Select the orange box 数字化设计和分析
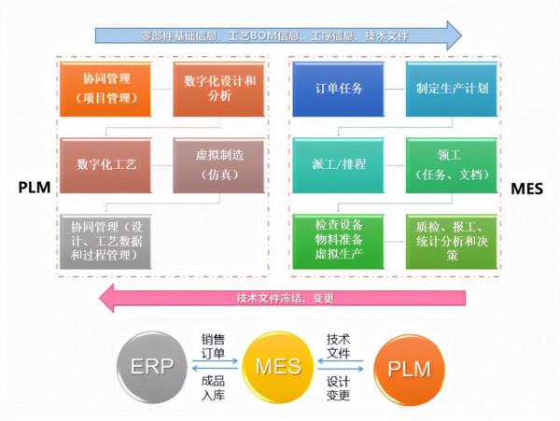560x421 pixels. (x=215, y=88)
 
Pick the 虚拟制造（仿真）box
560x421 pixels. (x=215, y=165)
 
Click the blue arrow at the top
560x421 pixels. (x=280, y=35)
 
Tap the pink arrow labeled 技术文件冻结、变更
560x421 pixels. (x=280, y=299)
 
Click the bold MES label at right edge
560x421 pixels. (x=528, y=188)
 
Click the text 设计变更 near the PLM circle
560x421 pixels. (x=339, y=388)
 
